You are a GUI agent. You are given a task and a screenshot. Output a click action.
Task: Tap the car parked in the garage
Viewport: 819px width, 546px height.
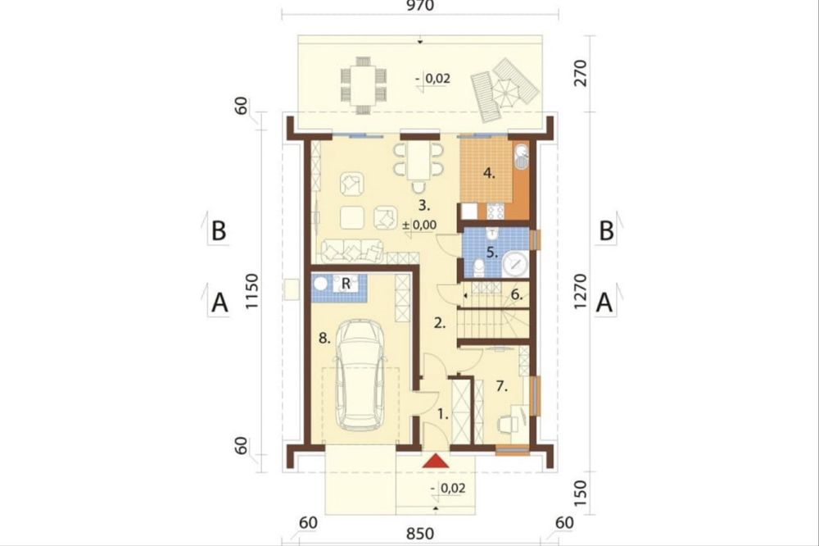pos(360,375)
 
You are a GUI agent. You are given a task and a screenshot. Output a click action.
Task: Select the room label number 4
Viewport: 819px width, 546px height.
pos(488,173)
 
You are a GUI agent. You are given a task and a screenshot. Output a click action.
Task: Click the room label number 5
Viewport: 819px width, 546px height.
pos(491,253)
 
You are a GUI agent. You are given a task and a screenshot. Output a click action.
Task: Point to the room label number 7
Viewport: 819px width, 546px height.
pos(501,386)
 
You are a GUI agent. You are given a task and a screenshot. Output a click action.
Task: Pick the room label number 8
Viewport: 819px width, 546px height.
pos(324,339)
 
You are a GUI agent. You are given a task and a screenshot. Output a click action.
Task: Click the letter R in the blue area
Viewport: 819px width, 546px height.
pos(346,284)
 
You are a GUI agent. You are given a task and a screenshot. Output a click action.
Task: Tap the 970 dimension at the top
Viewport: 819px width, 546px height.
pos(419,6)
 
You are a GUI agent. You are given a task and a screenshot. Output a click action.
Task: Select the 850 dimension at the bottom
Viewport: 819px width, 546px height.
pos(420,534)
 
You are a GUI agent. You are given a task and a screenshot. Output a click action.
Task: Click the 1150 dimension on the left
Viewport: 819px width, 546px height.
pos(251,291)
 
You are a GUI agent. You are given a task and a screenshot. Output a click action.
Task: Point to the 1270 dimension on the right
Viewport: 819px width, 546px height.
pos(581,291)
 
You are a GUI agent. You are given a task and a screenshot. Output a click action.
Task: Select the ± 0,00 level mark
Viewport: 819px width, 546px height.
pos(419,225)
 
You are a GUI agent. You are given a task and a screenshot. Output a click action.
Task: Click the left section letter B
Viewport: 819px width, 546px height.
pos(219,230)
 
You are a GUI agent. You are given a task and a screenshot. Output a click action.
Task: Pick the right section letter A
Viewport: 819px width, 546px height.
pos(604,303)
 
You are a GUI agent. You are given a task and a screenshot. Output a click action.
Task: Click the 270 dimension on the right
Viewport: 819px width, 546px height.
pos(581,74)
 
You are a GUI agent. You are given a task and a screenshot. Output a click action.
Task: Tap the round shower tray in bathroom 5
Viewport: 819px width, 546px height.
pos(515,264)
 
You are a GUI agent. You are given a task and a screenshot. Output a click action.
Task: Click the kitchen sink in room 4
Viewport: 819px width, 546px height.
pos(521,157)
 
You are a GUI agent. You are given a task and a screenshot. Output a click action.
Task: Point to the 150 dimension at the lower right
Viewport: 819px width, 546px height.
pos(581,494)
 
